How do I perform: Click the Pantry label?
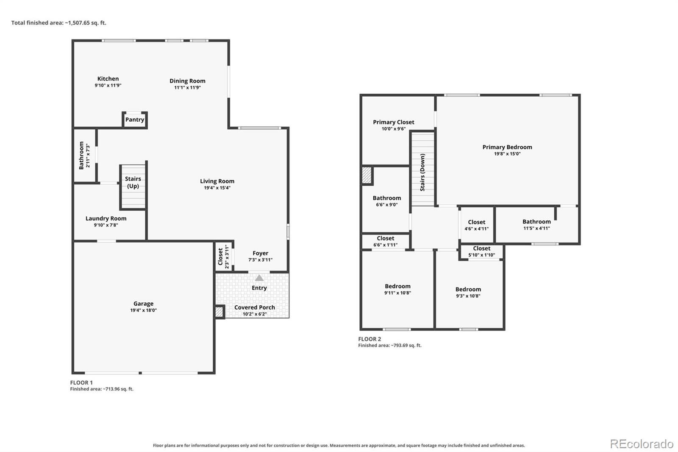click(135, 120)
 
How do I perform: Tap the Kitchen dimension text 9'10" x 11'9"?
click(108, 85)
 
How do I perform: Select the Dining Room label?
click(187, 81)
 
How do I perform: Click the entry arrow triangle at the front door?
click(259, 278)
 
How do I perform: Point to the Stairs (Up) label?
click(133, 182)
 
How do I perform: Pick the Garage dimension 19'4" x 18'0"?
click(144, 310)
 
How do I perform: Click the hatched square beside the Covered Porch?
click(219, 312)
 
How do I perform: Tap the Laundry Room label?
click(106, 218)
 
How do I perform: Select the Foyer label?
click(260, 253)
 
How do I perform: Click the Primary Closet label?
click(394, 122)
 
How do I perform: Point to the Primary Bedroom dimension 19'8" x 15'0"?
click(507, 153)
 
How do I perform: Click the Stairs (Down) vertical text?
click(422, 172)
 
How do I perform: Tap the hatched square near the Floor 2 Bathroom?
click(367, 175)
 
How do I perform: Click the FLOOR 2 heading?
click(370, 339)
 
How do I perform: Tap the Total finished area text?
click(59, 23)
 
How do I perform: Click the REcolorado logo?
click(642, 444)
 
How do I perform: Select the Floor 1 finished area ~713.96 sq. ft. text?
click(102, 389)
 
